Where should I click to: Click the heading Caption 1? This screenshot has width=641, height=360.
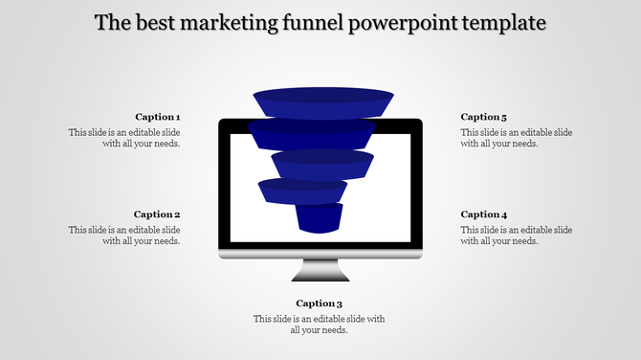(x=157, y=117)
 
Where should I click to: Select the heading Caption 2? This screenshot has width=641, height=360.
(x=157, y=214)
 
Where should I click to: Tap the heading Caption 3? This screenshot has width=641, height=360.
(x=320, y=304)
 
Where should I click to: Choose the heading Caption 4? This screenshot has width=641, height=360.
(x=484, y=214)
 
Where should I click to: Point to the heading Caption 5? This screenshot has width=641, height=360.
(x=484, y=117)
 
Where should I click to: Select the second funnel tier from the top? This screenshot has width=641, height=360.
(x=312, y=134)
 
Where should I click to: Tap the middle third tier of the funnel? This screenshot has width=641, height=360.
(x=321, y=164)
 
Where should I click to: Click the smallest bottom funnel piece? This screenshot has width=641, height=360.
(x=319, y=218)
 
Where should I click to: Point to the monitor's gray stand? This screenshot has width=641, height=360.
(x=320, y=271)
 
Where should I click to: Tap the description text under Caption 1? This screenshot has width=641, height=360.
(x=124, y=138)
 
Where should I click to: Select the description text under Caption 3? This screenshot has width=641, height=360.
(x=319, y=325)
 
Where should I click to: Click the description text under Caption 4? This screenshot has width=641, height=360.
(x=517, y=236)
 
